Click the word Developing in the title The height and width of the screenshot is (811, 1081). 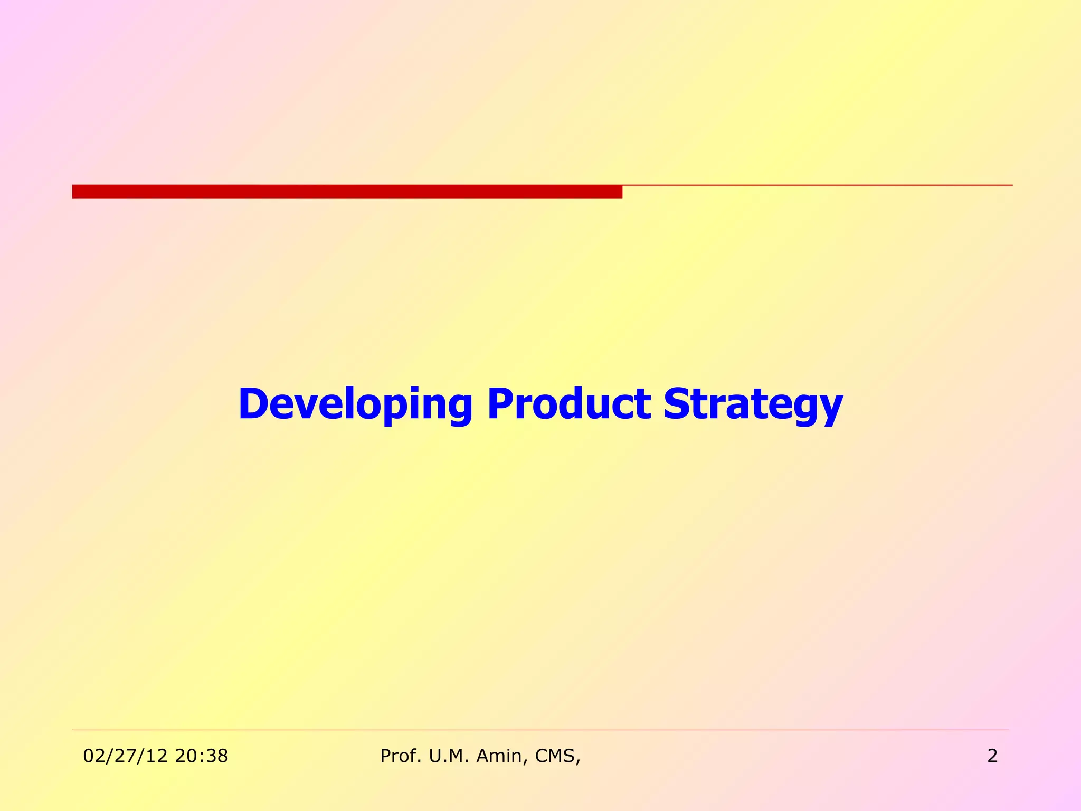coord(355,404)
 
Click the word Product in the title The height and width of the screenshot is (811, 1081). coord(568,404)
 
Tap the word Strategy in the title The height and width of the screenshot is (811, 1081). coord(753,404)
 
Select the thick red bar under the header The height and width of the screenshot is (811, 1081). coord(347,192)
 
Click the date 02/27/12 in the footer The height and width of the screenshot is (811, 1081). coord(126,756)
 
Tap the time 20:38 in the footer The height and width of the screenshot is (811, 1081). coord(202,756)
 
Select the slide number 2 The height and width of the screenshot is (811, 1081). coord(992,756)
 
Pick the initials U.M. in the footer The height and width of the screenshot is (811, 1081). coord(449,756)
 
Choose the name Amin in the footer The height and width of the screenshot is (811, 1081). coord(501,756)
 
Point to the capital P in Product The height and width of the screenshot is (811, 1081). coord(499,404)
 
